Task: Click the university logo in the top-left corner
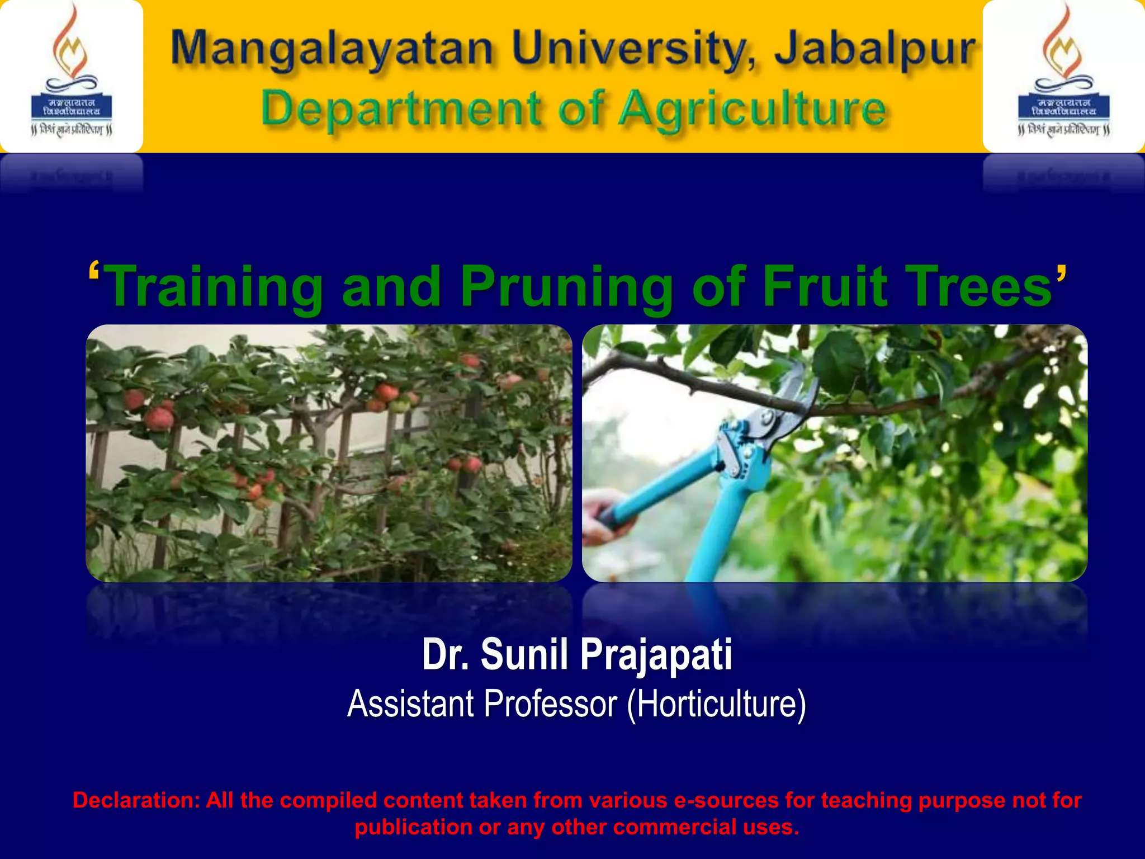click(72, 75)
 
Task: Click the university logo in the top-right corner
click(1063, 75)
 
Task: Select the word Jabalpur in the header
click(875, 49)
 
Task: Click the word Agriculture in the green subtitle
click(753, 110)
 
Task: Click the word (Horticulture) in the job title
click(716, 704)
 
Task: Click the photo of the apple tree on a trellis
click(329, 453)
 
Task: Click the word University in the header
click(635, 49)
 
